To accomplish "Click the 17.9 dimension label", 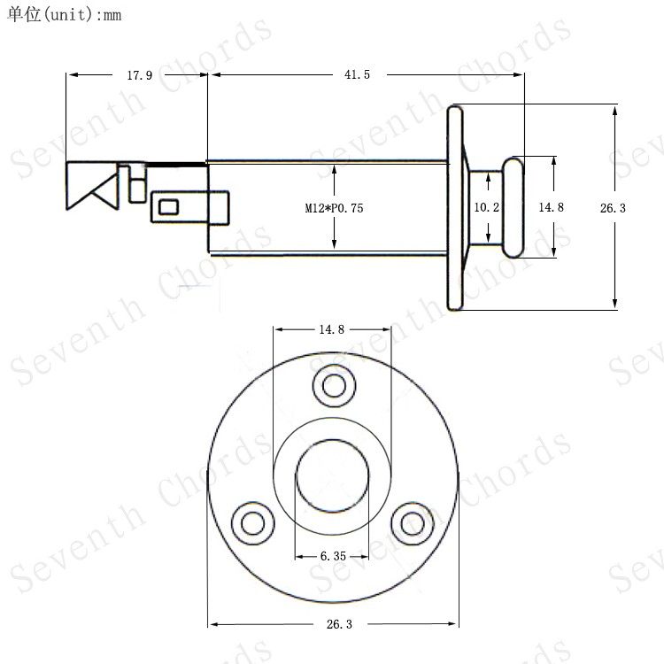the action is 139,75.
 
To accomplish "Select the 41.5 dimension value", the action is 357,74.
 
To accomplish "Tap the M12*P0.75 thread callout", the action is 334,208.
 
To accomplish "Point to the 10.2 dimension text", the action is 487,207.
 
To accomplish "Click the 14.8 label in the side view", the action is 551,207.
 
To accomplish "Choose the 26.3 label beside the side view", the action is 613,208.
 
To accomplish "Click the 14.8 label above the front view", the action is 332,329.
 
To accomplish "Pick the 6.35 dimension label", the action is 333,556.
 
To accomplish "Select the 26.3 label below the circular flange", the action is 339,624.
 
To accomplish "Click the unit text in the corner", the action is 65,15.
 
